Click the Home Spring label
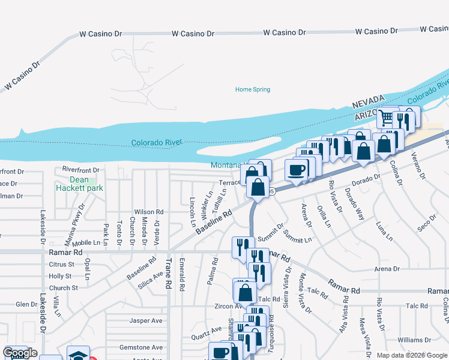252,89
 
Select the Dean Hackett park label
79,184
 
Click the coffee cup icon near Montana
297,170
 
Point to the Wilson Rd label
148,212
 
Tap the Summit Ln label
298,236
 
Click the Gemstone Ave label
140,347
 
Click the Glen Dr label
26,304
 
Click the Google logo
20,353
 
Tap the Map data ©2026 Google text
411,355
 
